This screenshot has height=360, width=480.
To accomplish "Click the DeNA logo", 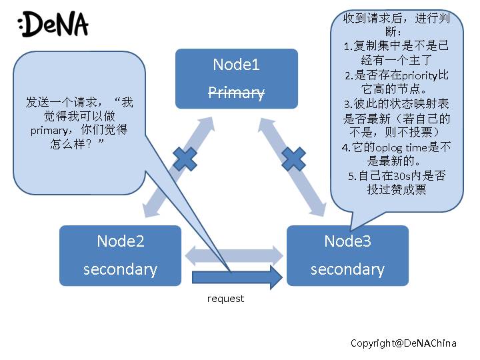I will [53, 25].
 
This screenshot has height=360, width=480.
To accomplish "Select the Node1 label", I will [236, 65].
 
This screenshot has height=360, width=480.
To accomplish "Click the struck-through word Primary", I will [237, 92].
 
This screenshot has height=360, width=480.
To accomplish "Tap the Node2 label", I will [120, 241].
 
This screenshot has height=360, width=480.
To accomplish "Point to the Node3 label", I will [347, 241].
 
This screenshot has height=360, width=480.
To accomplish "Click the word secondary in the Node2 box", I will [120, 269].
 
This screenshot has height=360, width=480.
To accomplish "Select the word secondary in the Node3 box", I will [347, 269].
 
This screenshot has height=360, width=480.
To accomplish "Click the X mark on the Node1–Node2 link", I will [185, 159].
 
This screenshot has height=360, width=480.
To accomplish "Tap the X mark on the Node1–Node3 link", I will [293, 159].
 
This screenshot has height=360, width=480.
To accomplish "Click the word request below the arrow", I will [225, 299].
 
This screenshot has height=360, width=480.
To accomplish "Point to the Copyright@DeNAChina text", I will [403, 343].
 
